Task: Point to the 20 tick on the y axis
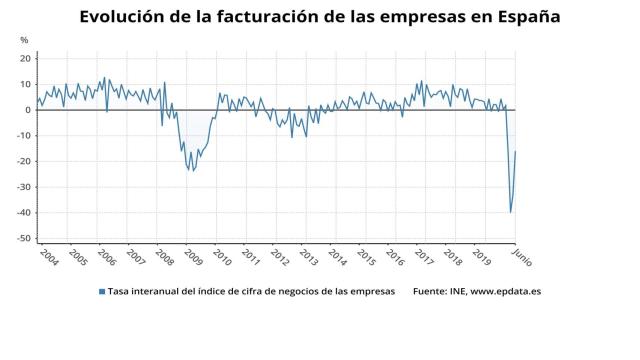[27, 58]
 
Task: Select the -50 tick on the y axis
[25, 239]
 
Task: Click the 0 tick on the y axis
[30, 110]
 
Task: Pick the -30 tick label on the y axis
[25, 187]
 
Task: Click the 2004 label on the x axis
[48, 256]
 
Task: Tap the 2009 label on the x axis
[192, 256]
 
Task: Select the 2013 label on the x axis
[307, 256]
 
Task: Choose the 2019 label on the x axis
[480, 256]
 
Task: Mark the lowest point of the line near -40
[511, 212]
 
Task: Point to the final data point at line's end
[516, 151]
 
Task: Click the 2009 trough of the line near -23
[193, 171]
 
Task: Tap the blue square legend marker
[101, 291]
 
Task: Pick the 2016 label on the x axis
[394, 256]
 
